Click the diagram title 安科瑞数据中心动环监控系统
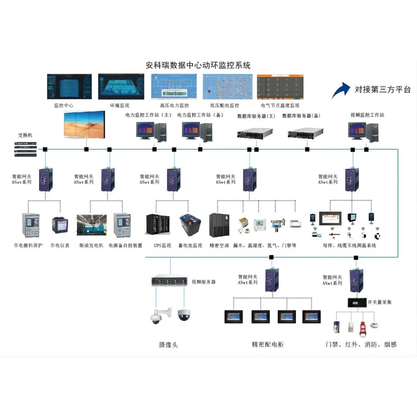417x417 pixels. [198, 66]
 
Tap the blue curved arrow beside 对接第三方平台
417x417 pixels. [341, 90]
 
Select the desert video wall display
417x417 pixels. [84, 124]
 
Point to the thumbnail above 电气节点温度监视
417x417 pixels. [280, 87]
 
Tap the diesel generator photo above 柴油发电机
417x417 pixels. [91, 225]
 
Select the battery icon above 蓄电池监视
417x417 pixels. [191, 225]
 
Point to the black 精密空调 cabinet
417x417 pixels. [219, 225]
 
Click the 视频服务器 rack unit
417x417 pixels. [169, 281]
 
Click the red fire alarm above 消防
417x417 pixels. [363, 329]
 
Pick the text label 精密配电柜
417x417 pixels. [268, 344]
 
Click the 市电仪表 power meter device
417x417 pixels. [60, 225]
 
